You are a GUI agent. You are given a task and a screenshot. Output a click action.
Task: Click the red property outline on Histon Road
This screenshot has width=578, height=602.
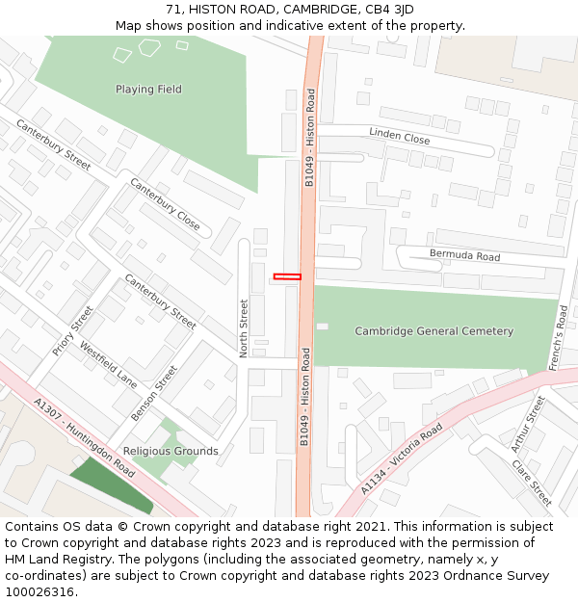(287, 276)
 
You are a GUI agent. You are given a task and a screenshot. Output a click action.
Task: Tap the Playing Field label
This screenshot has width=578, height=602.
(148, 90)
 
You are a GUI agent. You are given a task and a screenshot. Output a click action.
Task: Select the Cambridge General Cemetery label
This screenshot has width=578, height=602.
(433, 331)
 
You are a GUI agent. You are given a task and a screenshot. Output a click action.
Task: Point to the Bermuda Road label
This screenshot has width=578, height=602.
(464, 256)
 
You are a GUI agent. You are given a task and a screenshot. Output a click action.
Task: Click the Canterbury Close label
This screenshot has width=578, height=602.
(165, 204)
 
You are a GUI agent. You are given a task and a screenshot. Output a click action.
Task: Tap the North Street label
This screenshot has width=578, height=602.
(244, 327)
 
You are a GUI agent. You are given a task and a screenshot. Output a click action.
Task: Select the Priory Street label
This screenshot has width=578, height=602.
(73, 330)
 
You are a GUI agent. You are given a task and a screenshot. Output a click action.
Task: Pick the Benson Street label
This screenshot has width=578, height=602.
(154, 392)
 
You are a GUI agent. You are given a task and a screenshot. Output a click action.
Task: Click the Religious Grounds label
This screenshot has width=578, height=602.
(171, 451)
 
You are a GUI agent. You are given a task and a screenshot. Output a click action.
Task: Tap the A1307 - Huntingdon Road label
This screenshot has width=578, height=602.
(84, 437)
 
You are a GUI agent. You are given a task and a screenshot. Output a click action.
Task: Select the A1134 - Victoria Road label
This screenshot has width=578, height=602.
(402, 458)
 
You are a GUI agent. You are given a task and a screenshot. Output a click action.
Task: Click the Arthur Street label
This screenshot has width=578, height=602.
(528, 424)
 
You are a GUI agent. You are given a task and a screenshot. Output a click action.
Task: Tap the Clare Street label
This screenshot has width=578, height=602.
(533, 482)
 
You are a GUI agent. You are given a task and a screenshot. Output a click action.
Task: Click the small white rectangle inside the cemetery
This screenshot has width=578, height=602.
(322, 327)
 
